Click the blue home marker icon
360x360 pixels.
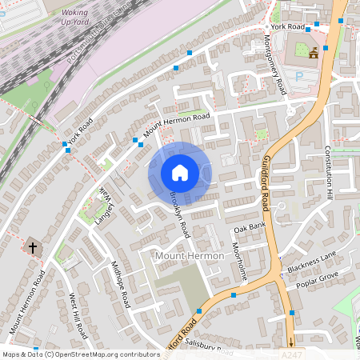(x=180, y=172)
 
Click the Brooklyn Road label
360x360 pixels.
(x=179, y=214)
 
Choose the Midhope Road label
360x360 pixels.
(x=120, y=284)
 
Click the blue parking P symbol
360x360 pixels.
(x=300, y=78)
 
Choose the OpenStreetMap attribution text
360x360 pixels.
(x=80, y=354)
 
